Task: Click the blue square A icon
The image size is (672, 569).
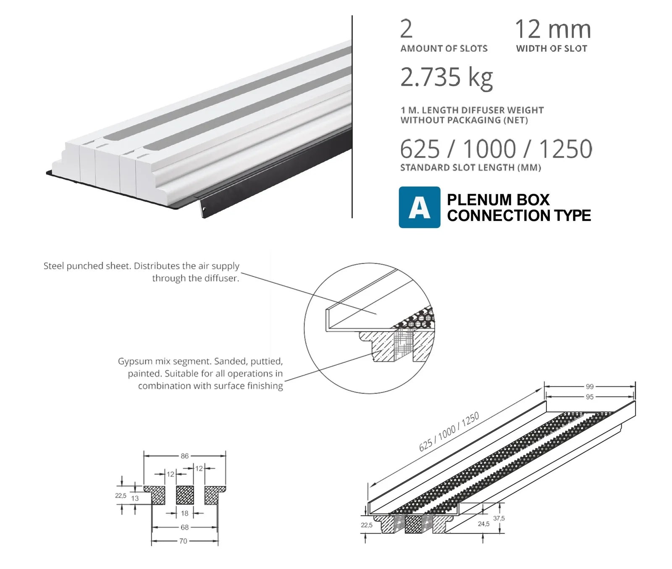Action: (x=419, y=207)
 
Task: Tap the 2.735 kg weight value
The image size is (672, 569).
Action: (x=446, y=77)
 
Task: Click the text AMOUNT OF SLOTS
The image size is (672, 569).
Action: (x=444, y=49)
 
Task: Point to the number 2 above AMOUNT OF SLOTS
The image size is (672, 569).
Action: (x=406, y=29)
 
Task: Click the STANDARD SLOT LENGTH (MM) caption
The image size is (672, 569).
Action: (x=470, y=168)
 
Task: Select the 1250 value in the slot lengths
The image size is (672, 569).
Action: (x=565, y=149)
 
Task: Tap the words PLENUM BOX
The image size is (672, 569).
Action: (x=498, y=199)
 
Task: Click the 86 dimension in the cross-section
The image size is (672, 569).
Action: (x=184, y=456)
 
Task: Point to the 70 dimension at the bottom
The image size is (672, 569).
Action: (x=183, y=541)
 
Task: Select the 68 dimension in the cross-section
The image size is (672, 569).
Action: (x=184, y=527)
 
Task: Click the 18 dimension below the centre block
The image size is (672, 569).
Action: (x=184, y=513)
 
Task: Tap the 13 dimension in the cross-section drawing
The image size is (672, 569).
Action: (x=135, y=498)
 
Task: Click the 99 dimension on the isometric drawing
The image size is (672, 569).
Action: (x=590, y=387)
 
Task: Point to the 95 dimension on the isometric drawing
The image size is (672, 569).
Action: (x=590, y=397)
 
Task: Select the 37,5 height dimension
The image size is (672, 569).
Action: (x=499, y=518)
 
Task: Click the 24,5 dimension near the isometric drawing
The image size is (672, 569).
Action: (x=483, y=524)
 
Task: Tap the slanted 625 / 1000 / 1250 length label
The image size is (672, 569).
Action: (x=449, y=432)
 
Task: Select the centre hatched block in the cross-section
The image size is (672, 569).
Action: (x=185, y=495)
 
